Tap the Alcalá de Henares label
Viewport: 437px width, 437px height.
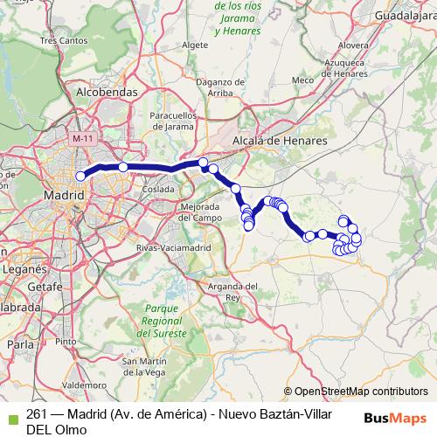tap(280, 140)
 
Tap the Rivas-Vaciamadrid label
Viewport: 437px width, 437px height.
tap(175, 248)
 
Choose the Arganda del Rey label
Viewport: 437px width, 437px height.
tap(232, 291)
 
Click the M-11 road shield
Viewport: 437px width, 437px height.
tap(83, 139)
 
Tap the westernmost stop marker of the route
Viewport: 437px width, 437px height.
tap(80, 176)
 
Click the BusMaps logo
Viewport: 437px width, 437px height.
tap(397, 417)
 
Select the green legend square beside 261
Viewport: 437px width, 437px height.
tap(11, 414)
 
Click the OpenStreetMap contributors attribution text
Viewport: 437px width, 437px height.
tap(361, 392)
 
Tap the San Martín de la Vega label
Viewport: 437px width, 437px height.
tap(144, 367)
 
